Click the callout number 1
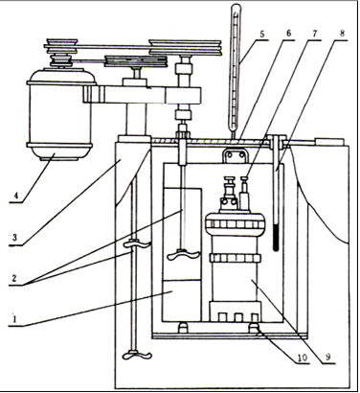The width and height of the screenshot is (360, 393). coord(13,319)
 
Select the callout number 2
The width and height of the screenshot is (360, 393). coord(13,278)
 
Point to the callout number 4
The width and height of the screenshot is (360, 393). coord(13,195)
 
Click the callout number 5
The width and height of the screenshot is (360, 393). coord(262,35)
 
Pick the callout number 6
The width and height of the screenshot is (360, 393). coord(288,34)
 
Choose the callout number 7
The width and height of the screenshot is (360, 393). coord(315,34)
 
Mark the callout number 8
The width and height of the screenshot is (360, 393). coord(342,34)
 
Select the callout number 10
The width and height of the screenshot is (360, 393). coord(302,358)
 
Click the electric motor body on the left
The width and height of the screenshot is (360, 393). coord(60,114)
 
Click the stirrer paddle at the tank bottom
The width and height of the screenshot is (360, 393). coord(136,355)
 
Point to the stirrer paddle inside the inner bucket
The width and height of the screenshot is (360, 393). coord(184,255)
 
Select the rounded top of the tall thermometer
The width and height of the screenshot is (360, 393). coord(236,8)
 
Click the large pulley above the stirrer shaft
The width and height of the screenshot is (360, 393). coord(185,47)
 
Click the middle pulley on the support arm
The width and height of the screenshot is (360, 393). coord(136,61)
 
